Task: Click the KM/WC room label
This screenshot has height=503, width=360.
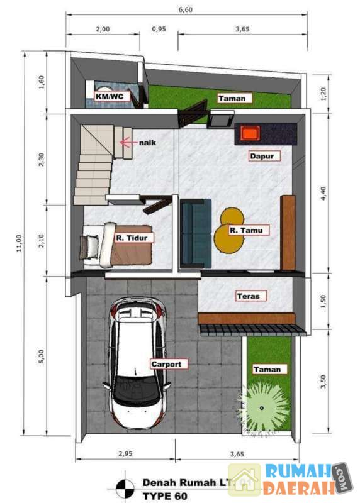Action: coord(109,96)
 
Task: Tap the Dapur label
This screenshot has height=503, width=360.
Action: coord(262,156)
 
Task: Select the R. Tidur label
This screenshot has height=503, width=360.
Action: coord(132,238)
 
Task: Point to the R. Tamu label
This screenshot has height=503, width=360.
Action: coord(246,230)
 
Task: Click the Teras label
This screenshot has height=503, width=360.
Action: coord(248,296)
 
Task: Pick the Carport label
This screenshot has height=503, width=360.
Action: coord(166,364)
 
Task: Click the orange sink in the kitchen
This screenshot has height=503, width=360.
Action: coord(250,133)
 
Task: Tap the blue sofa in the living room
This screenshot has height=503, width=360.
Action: coord(196,233)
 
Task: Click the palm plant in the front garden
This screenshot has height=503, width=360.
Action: coord(262,408)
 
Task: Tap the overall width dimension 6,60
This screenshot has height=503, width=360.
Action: coord(186,9)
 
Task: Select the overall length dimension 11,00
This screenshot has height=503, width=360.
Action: coord(19,243)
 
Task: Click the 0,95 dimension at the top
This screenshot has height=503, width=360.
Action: coord(159,29)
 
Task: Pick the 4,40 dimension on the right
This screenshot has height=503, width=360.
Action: coord(323,194)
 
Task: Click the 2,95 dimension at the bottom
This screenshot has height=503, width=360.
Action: coord(125,453)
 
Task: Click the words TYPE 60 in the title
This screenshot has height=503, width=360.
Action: coord(165,496)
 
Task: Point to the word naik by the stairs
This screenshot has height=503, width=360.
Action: coord(147,143)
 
